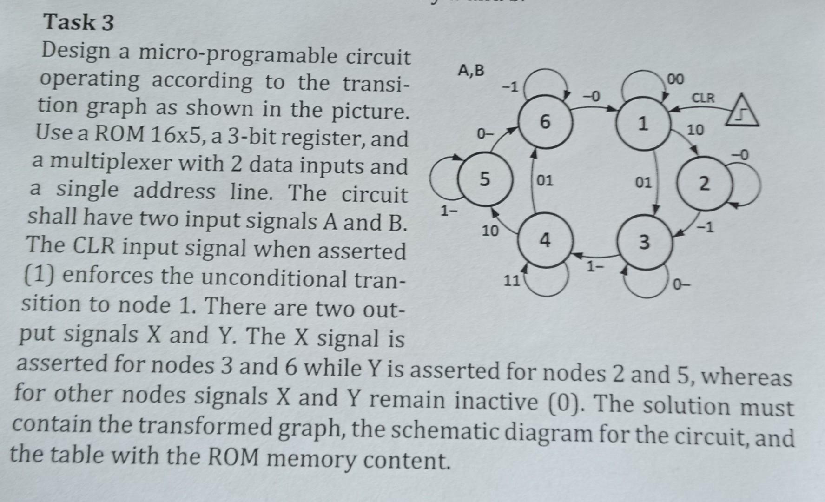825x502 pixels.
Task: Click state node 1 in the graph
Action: [x=643, y=124]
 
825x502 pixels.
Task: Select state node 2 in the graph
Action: [x=704, y=184]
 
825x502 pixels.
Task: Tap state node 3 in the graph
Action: [x=644, y=242]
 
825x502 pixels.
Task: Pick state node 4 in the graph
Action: [x=545, y=240]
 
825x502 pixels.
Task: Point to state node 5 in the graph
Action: [x=485, y=179]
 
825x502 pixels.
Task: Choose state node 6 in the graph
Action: [x=545, y=122]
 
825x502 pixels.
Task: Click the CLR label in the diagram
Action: [x=704, y=98]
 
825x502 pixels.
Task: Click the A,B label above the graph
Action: [x=471, y=71]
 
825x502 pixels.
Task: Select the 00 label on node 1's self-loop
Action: [x=675, y=79]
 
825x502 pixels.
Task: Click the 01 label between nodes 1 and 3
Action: [x=644, y=183]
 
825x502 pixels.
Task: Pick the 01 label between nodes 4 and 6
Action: [x=545, y=180]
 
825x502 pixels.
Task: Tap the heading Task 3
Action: [x=79, y=22]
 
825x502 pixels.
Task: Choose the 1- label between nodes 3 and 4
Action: [x=595, y=268]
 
